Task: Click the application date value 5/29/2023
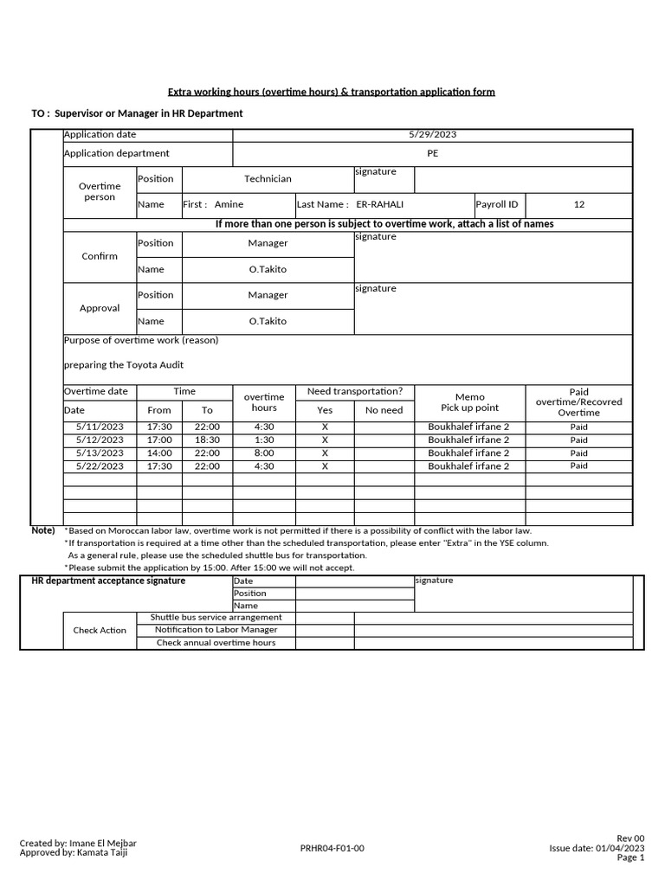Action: click(432, 135)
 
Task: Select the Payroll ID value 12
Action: click(579, 205)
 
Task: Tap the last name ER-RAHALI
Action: click(380, 205)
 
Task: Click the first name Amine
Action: click(229, 205)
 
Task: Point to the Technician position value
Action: click(268, 179)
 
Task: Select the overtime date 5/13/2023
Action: click(100, 453)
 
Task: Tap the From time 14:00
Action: click(159, 453)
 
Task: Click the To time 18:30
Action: click(207, 440)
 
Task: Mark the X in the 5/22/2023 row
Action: click(325, 466)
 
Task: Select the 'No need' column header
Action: click(384, 411)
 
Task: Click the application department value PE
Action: click(433, 154)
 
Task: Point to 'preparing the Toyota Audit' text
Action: click(124, 365)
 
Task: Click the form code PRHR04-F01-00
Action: click(332, 849)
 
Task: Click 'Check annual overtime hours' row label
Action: click(216, 643)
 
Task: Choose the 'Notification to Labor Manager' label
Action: click(216, 630)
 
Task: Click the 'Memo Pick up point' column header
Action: click(469, 402)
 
